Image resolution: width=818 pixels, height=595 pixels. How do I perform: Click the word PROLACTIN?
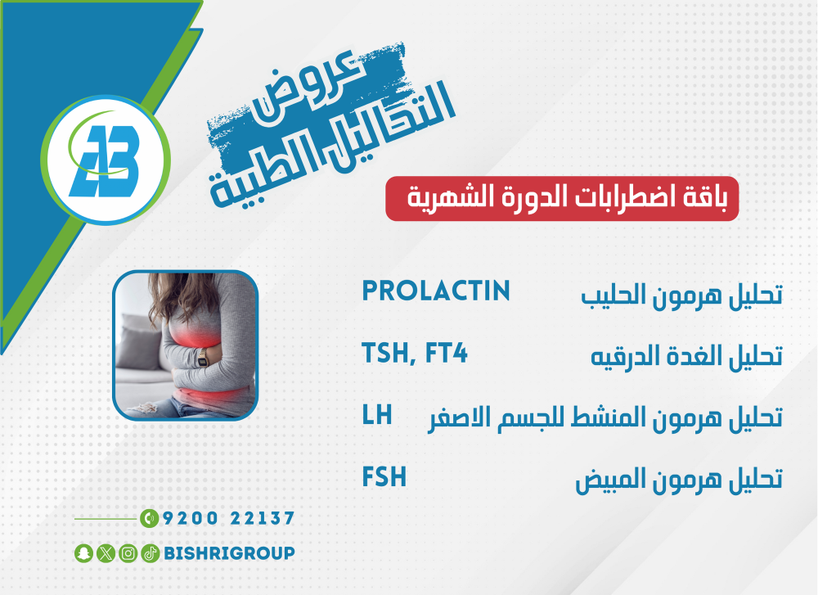436,291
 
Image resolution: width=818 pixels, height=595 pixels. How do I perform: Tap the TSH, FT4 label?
415,354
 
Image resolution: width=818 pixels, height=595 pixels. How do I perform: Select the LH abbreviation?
376,415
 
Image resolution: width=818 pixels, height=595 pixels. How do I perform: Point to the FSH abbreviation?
384,476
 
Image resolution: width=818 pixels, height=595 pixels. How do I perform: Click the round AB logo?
106,160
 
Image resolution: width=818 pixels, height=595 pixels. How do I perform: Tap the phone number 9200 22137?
228,518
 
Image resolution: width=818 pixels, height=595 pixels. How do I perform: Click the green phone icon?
149,518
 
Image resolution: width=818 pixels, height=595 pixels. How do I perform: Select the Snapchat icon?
83,553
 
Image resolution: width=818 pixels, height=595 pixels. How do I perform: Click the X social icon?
106,553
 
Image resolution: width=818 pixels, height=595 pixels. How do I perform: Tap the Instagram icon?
128,553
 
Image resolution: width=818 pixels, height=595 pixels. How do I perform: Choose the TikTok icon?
150,553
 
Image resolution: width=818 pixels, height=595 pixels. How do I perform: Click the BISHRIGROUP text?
230,553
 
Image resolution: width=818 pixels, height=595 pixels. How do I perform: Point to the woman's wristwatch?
202,358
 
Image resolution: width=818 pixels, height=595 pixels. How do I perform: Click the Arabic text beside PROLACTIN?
682,295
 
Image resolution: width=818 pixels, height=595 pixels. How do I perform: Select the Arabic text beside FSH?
679,479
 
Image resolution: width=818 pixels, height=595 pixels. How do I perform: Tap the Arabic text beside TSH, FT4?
686,357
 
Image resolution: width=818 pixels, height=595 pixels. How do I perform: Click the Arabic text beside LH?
605,417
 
